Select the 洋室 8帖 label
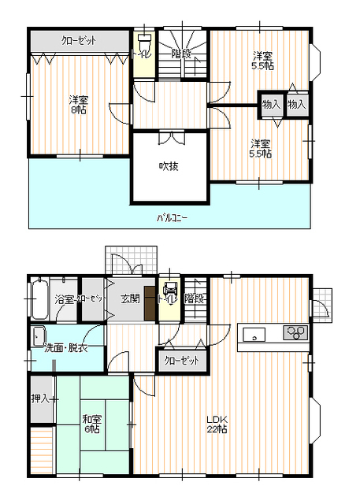click(77, 104)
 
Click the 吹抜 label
click(169, 166)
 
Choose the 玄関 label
click(131, 298)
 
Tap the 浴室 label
click(64, 299)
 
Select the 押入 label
click(40, 398)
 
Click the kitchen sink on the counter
click(254, 335)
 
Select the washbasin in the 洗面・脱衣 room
click(39, 337)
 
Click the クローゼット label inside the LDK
click(182, 360)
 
